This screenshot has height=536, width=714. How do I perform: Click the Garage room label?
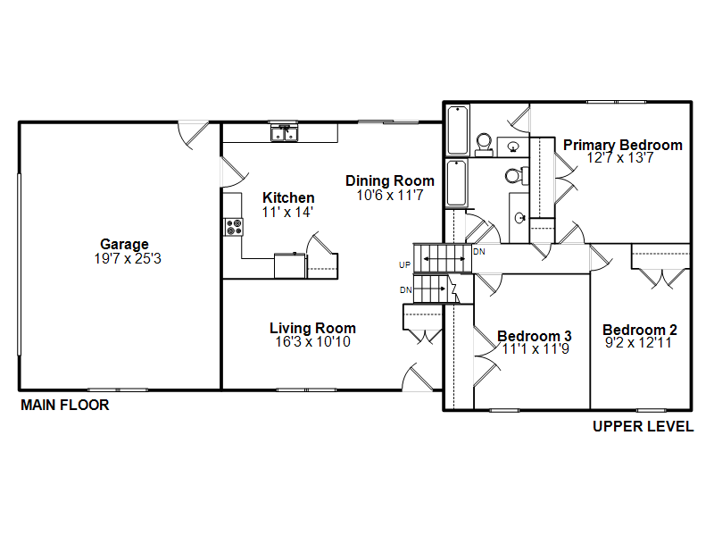(124, 245)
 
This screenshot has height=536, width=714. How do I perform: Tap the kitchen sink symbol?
(284, 133)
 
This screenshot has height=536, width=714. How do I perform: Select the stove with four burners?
(234, 227)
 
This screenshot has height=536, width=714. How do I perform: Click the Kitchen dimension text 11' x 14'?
(287, 212)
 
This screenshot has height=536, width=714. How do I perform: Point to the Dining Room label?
(390, 181)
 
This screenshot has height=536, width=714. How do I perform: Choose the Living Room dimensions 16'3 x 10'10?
(313, 342)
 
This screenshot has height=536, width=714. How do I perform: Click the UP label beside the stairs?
(405, 264)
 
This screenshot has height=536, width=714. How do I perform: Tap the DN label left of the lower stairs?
(406, 289)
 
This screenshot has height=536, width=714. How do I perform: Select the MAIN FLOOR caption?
(64, 405)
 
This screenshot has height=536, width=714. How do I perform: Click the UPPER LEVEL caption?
(643, 426)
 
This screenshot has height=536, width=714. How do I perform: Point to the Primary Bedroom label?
(623, 145)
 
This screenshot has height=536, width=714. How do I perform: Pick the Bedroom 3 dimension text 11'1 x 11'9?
(535, 349)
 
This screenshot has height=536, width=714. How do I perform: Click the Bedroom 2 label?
(640, 330)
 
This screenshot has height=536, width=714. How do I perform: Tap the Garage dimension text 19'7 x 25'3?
(128, 259)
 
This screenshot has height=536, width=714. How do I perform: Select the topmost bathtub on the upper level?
(458, 130)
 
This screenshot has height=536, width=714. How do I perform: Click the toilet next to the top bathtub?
(484, 145)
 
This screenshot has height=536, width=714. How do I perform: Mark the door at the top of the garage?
(193, 134)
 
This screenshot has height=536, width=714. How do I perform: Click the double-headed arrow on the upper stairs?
(444, 259)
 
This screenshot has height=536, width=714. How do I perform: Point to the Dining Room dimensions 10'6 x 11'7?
(390, 195)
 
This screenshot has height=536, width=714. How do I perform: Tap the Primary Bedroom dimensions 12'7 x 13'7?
(620, 158)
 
